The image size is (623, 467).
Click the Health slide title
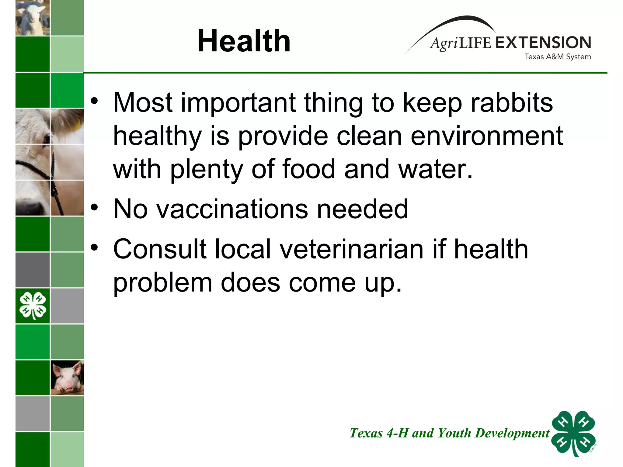point(244,41)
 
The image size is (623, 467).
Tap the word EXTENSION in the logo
point(543,43)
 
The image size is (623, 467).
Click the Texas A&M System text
point(558,57)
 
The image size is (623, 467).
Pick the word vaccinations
point(232,209)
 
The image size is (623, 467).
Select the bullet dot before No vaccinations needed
point(95,208)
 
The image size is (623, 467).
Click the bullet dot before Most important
point(95,101)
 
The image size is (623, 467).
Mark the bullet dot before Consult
point(95,248)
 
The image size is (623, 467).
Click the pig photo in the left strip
point(67,378)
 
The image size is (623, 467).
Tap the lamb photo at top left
point(33,18)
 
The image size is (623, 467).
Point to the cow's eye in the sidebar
point(47,138)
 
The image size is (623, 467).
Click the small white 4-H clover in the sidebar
point(33,306)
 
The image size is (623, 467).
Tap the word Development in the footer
point(512,433)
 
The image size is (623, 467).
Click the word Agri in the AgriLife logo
point(444,43)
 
